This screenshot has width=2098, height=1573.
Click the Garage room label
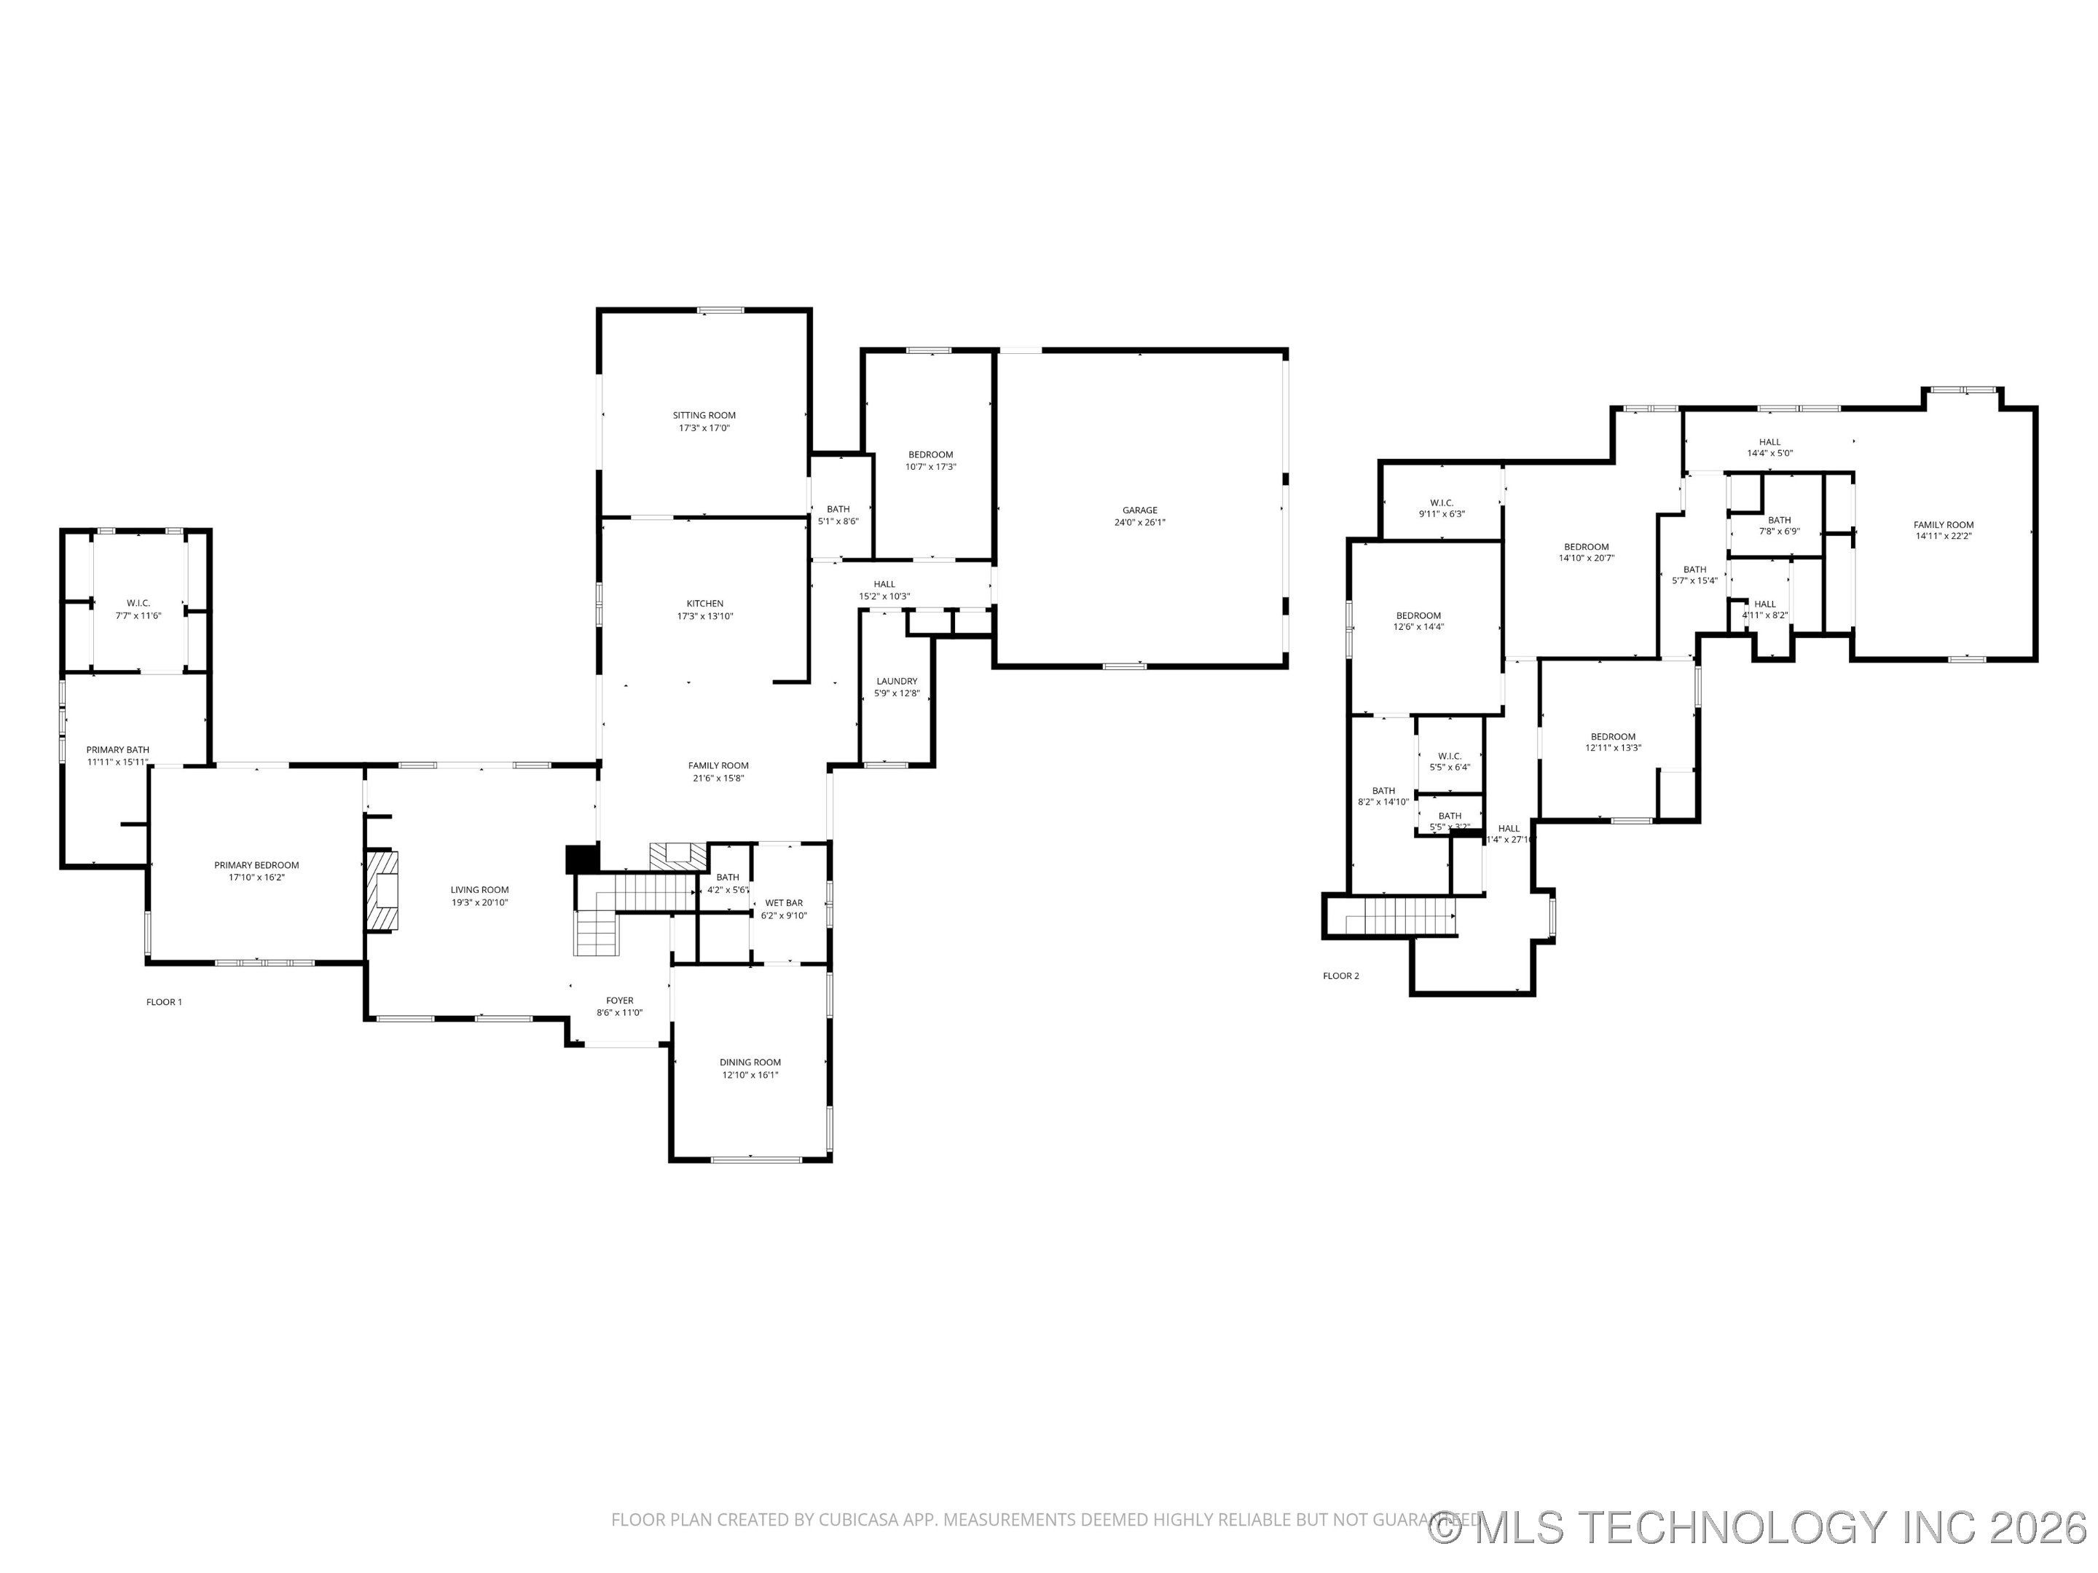(x=1139, y=510)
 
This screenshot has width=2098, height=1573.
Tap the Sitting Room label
(x=704, y=415)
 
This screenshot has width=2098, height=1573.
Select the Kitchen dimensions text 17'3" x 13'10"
(x=704, y=616)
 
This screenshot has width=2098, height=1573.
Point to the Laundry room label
(x=896, y=681)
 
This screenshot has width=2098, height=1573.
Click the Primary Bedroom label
(x=256, y=864)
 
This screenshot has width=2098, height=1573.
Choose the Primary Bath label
(x=117, y=750)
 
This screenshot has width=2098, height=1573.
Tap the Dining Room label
(x=750, y=1062)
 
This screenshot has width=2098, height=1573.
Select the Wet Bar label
(x=783, y=902)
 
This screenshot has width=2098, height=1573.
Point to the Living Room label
(x=479, y=889)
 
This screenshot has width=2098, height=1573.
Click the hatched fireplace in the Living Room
(x=382, y=891)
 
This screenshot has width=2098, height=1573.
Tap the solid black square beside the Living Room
(x=582, y=859)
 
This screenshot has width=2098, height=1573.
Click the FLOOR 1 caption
(x=164, y=1002)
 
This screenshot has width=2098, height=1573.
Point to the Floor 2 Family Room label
(x=1942, y=524)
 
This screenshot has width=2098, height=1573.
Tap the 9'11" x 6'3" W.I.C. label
(x=1441, y=502)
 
